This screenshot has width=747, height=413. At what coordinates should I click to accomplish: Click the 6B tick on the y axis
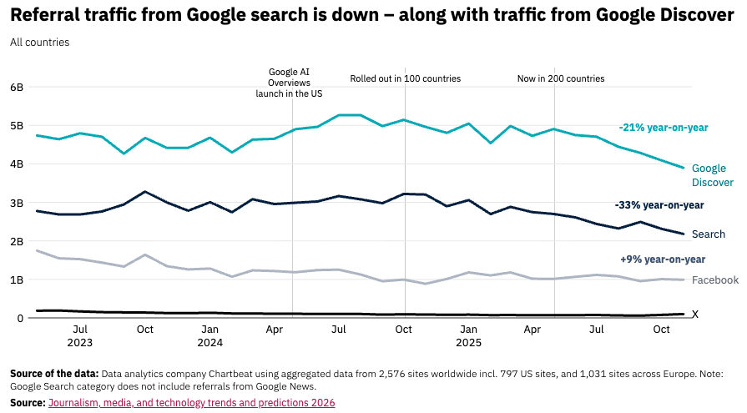(17, 87)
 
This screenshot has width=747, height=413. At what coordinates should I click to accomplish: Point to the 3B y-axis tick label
(17, 203)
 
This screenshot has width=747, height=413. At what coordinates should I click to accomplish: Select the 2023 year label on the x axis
(80, 342)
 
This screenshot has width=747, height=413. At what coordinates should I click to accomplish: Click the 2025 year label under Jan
(469, 342)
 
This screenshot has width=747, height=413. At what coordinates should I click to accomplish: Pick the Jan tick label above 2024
(210, 330)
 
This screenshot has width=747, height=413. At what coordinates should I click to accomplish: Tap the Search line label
(709, 234)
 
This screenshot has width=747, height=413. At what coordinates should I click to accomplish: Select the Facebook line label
(715, 280)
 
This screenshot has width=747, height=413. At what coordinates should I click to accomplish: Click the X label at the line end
(695, 315)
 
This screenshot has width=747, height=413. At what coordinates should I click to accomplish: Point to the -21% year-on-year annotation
(664, 128)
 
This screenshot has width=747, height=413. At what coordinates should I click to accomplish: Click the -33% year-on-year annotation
(659, 205)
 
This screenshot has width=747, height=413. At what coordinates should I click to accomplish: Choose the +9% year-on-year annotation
(663, 259)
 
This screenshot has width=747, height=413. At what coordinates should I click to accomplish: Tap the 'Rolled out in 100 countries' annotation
(405, 79)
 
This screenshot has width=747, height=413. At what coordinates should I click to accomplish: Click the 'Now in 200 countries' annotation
(561, 79)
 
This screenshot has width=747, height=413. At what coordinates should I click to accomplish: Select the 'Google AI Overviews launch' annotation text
(289, 83)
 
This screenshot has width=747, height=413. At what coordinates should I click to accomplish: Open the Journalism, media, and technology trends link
(191, 403)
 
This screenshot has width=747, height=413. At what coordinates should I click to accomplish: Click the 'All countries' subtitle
(40, 42)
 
